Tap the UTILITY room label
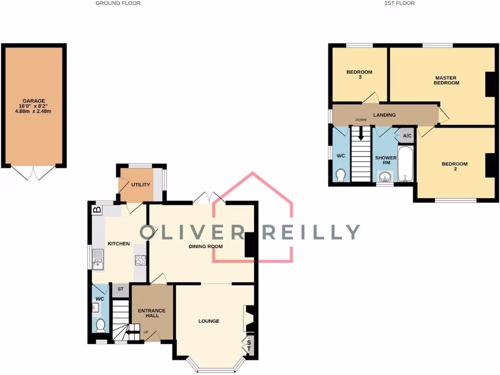pyautogui.click(x=140, y=185)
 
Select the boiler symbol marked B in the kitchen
pyautogui.click(x=97, y=210)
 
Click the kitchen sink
pyautogui.click(x=98, y=259)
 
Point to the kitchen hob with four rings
pyautogui.click(x=141, y=260)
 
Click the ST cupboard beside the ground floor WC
pyautogui.click(x=120, y=290)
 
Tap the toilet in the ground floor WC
pyautogui.click(x=101, y=325)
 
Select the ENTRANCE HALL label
pyautogui.click(x=152, y=313)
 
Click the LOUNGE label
pyautogui.click(x=208, y=321)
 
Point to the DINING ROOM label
pyautogui.click(x=206, y=247)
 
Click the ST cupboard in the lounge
pyautogui.click(x=249, y=345)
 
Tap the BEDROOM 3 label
pyautogui.click(x=359, y=74)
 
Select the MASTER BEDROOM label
pyautogui.click(x=446, y=80)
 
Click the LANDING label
pyautogui.click(x=384, y=115)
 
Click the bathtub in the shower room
pyautogui.click(x=405, y=165)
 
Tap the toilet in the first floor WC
pyautogui.click(x=340, y=174)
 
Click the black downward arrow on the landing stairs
pyautogui.click(x=361, y=133)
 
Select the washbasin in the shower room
pyautogui.click(x=384, y=176)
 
